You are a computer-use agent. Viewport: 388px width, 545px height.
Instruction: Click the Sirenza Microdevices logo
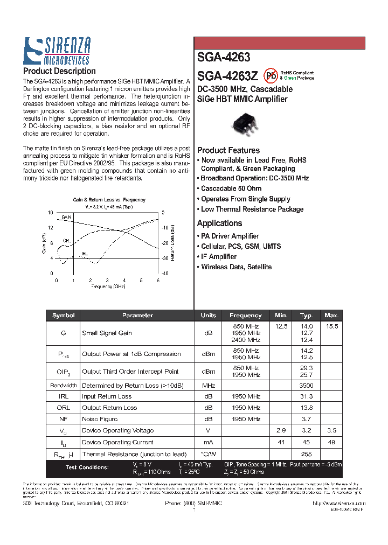57,51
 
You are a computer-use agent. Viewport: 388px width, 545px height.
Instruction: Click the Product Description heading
59,71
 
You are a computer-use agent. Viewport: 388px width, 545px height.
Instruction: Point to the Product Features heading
228,150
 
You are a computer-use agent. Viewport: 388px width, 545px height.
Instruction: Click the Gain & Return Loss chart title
109,200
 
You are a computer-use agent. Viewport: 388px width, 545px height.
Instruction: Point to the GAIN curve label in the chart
66,216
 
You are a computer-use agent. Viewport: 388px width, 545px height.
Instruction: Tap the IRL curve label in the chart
85,253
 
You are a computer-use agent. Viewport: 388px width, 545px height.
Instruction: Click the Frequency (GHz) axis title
108,287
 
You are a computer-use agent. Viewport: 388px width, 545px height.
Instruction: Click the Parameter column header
137,316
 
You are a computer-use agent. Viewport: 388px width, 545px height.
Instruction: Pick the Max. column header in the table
331,316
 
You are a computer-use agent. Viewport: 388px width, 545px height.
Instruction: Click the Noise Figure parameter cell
100,419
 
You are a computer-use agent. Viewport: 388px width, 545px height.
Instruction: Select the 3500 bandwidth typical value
307,386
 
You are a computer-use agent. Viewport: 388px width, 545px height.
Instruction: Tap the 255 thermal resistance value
307,454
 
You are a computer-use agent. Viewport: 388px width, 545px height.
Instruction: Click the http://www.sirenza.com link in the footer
338,503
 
